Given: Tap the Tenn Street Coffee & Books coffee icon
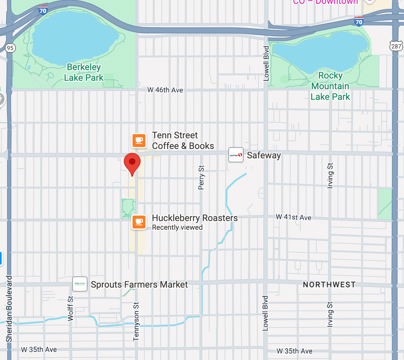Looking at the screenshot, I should pos(139,141).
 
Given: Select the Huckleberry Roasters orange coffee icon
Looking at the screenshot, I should pos(139,222).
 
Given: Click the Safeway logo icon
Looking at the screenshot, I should pos(236,155).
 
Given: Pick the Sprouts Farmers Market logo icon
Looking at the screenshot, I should pos(80,284).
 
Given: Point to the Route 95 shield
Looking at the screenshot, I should pos(10,48).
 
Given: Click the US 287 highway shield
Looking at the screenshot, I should pos(396,46).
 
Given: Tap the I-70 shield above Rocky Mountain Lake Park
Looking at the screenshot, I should pos(359,22).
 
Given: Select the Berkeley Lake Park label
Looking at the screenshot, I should pos(84,72).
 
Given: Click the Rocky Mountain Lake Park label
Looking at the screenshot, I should pos(330,86).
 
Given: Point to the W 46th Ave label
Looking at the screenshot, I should pos(165,90).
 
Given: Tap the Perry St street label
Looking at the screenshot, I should pos(201,177).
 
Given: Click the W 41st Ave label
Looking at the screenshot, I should pos(293,217).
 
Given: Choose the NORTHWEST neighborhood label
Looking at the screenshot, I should pos(329,285).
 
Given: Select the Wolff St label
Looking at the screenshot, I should pos(70,308).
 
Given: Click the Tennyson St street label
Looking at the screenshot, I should pos(136,321).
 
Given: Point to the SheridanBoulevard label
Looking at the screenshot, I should pos(9,309).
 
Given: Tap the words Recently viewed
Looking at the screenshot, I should pos(177,228).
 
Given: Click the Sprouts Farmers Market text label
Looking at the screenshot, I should pos(139,285).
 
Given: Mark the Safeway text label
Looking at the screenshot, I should pos(264,155).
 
